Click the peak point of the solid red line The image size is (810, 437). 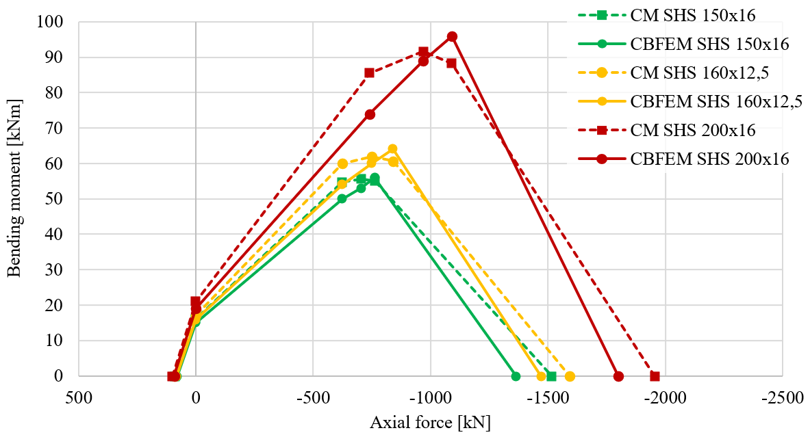pyautogui.click(x=452, y=37)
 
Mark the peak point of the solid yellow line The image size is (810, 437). pyautogui.click(x=392, y=149)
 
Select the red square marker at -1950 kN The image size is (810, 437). pyautogui.click(x=655, y=376)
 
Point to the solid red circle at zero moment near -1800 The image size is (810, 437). pyautogui.click(x=618, y=376)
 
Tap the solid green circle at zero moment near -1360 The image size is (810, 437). pyautogui.click(x=516, y=376)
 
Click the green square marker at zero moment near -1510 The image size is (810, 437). pyautogui.click(x=551, y=376)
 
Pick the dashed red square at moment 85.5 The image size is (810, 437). pyautogui.click(x=369, y=72)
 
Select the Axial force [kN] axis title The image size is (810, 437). pyautogui.click(x=430, y=422)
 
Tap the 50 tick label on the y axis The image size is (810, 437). pyautogui.click(x=53, y=199)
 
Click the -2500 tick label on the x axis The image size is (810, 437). pyautogui.click(x=783, y=396)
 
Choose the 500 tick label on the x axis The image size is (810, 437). pyautogui.click(x=78, y=396)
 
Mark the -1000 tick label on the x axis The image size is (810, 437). pyautogui.click(x=430, y=396)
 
